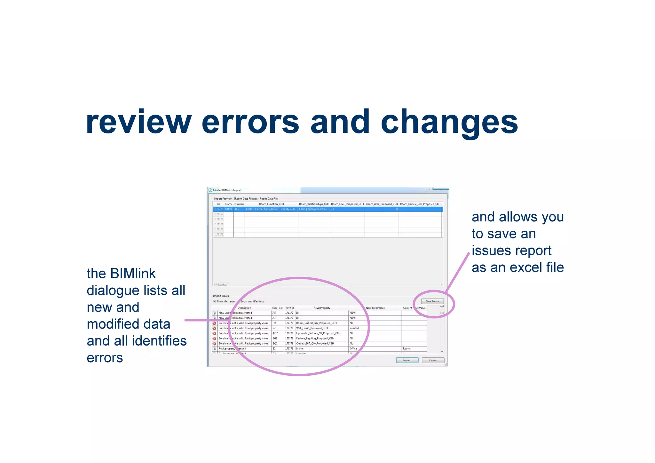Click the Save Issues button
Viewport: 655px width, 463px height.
(x=432, y=301)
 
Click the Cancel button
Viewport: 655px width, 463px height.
(x=433, y=360)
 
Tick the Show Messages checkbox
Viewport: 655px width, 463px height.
(x=214, y=301)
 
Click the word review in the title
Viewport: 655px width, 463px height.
(x=138, y=123)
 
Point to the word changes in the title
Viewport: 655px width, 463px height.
(x=449, y=123)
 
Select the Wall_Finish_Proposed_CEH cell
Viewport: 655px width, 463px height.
(x=312, y=328)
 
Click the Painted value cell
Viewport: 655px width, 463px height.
(x=354, y=328)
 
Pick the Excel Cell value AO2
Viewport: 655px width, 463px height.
(x=275, y=333)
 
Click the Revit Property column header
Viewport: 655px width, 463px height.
(x=322, y=308)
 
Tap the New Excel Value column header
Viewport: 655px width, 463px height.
(x=375, y=308)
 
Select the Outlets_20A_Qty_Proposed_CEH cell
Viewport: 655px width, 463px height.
(x=315, y=344)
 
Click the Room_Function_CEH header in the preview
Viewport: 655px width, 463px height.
(x=271, y=204)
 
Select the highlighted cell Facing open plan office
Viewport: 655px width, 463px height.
(x=313, y=209)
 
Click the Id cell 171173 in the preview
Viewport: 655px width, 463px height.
(x=219, y=235)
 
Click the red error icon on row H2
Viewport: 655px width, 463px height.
(x=214, y=323)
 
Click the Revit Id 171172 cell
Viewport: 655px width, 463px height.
(x=289, y=313)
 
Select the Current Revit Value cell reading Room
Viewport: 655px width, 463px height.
(x=406, y=349)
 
